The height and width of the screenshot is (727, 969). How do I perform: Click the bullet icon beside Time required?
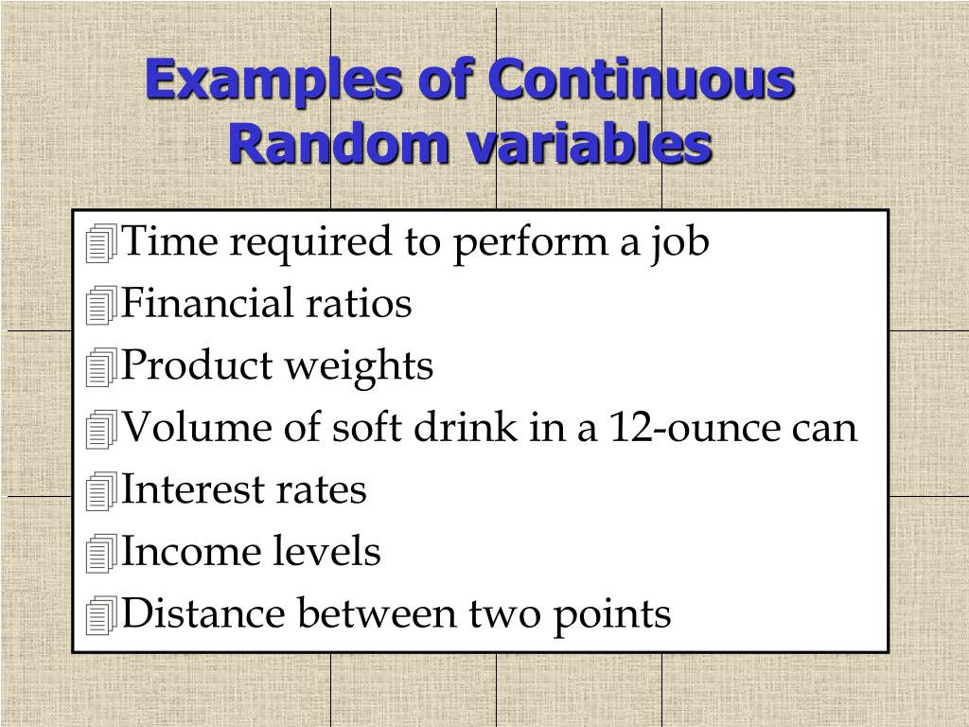[x=99, y=245]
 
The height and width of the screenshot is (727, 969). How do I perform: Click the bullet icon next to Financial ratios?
[x=99, y=307]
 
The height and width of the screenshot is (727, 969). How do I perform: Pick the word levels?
[x=327, y=552]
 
